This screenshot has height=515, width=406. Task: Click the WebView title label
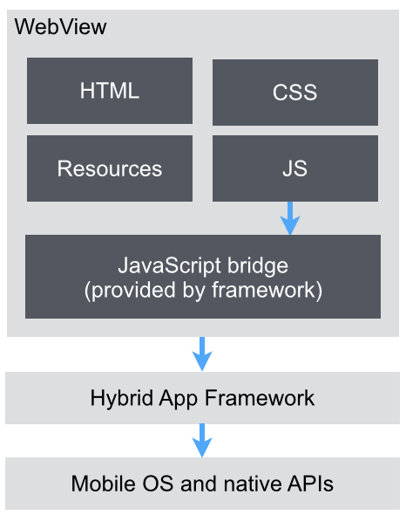61,26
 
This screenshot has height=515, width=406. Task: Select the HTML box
110,91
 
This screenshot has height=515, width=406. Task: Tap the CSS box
295,93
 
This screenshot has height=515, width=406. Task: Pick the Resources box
110,168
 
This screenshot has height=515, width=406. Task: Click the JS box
295,168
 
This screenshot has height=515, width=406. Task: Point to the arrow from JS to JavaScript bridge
290,218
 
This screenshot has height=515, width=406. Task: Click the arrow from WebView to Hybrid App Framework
202,354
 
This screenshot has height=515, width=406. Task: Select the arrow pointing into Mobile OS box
202,440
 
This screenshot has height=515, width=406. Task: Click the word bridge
258,266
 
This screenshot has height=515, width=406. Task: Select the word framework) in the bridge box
267,291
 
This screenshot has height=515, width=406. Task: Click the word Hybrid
122,399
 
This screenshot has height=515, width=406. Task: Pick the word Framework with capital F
260,398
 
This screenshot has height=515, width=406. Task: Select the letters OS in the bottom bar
158,484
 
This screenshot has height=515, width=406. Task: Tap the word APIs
310,484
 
